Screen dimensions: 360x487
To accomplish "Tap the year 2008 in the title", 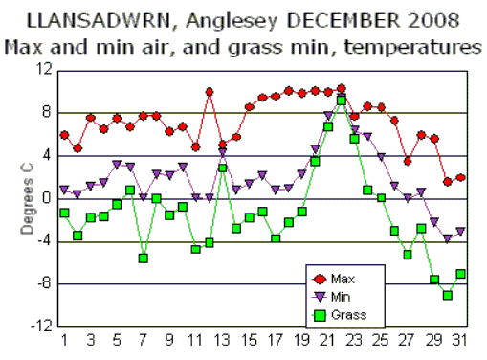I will [x=403, y=19].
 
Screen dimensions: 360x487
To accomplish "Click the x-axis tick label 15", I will [x=249, y=340].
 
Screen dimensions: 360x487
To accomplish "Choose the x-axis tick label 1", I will [x=64, y=340].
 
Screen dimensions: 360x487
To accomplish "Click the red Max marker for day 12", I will [x=209, y=92].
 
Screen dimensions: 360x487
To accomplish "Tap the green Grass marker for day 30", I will [x=447, y=295].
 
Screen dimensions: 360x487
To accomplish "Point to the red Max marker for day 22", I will [x=342, y=89].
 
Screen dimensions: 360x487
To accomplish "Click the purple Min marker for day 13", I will [x=222, y=152].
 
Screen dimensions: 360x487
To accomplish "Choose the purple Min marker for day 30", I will [x=447, y=238].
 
